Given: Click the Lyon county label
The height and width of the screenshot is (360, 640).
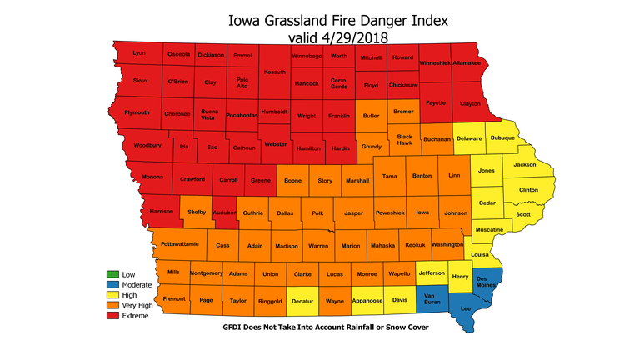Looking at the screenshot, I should (x=138, y=53).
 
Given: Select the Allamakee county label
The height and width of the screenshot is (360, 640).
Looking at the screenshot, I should (x=467, y=62).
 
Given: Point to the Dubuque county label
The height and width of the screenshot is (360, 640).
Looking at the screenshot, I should (x=502, y=137).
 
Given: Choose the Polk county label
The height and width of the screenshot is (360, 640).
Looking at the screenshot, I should (x=317, y=213).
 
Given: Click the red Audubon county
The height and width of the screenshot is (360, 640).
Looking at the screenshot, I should (x=223, y=213).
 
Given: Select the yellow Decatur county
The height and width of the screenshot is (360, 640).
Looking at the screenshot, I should (x=302, y=299).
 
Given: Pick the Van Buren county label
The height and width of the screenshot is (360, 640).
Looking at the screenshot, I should (x=432, y=299).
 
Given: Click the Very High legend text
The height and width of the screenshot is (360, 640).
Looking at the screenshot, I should (x=140, y=306).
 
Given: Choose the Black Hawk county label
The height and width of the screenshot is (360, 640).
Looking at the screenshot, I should (x=404, y=139).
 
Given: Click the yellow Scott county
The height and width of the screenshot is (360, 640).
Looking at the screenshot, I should (x=523, y=213).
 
